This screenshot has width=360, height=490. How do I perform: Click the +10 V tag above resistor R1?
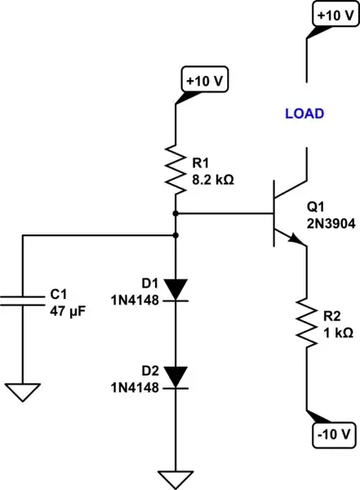[x=207, y=82]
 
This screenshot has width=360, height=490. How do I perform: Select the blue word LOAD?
[x=304, y=114]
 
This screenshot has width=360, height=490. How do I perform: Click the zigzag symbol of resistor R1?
[x=176, y=167]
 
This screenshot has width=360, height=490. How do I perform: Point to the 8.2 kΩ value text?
[x=211, y=179]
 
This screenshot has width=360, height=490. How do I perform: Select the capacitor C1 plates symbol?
[x=23, y=299]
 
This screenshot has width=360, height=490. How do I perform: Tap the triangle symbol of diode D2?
[x=176, y=376]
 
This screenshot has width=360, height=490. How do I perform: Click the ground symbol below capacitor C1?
[x=23, y=393]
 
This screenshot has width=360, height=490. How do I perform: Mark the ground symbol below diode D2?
[x=176, y=479]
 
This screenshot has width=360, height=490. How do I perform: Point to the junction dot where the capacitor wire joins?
[x=176, y=235]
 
